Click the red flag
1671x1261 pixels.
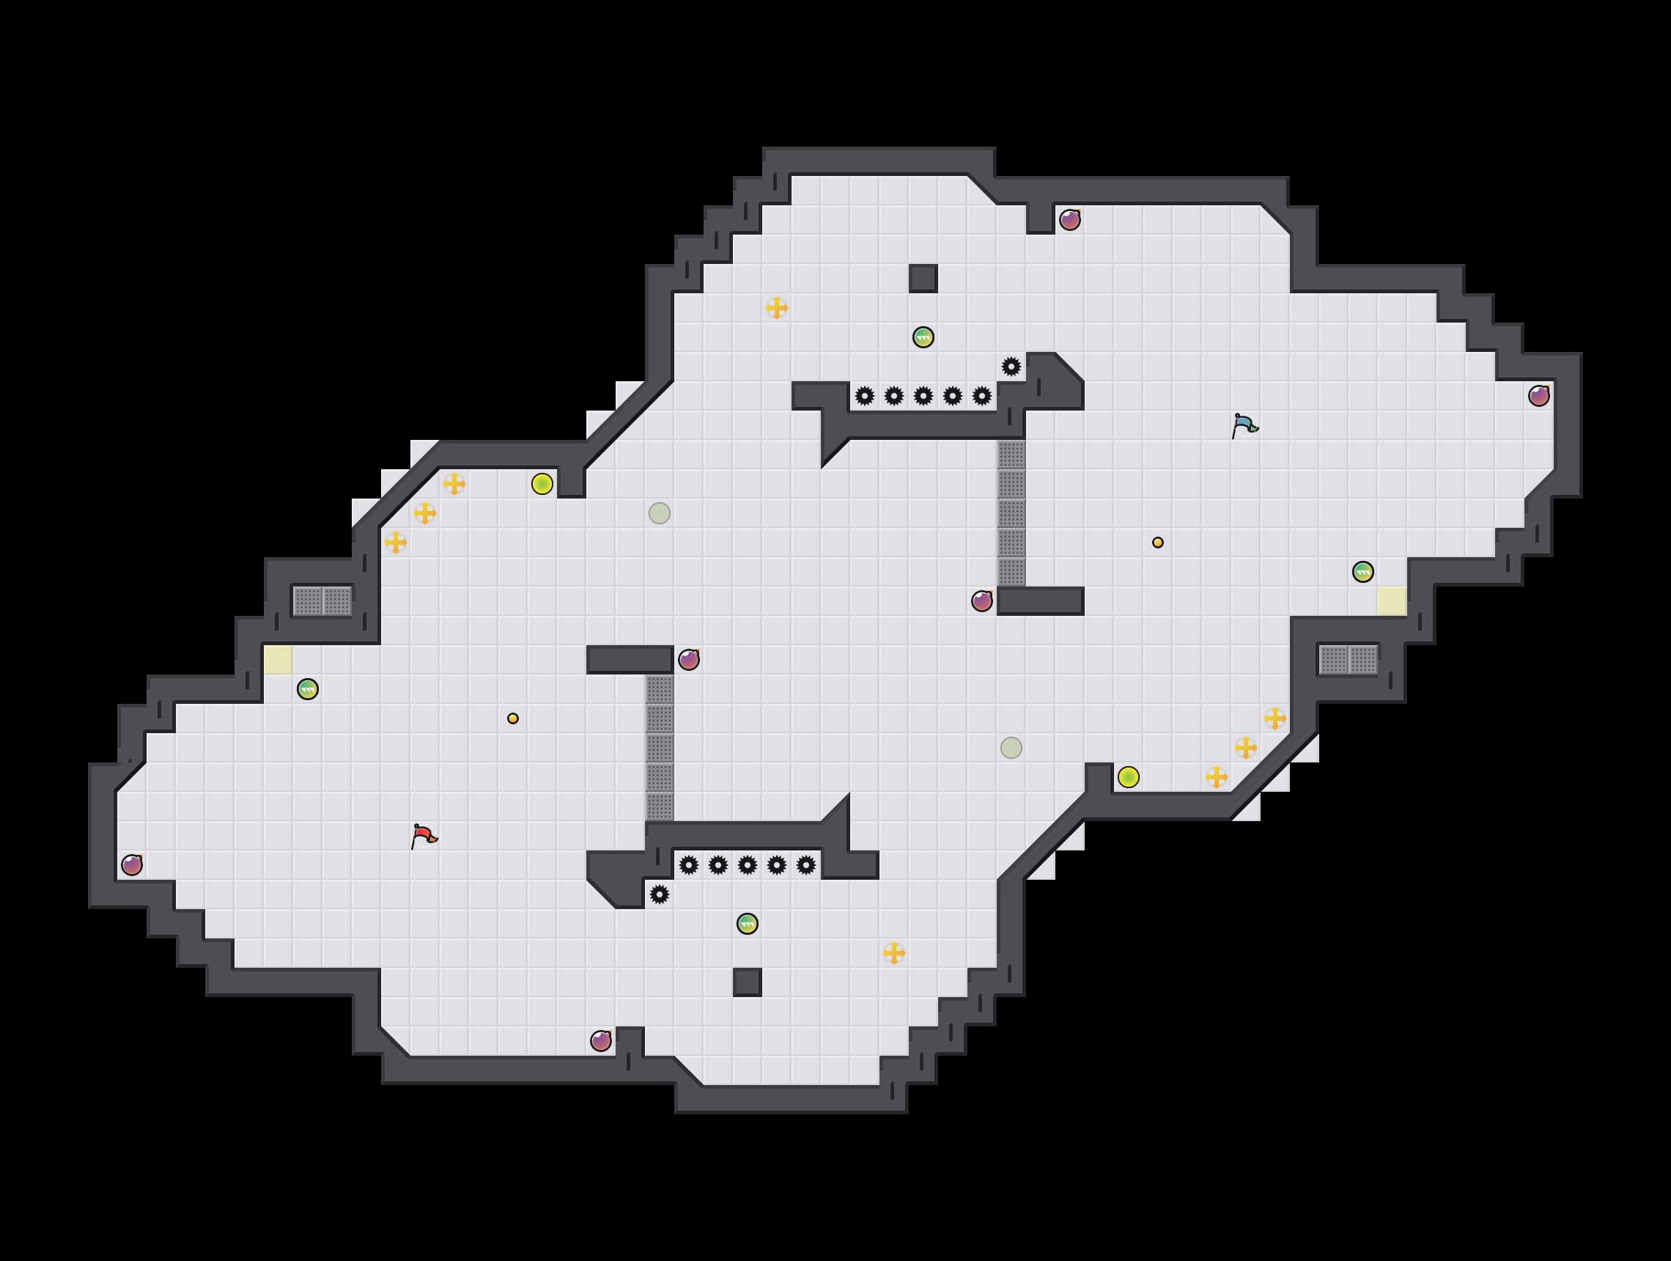[424, 836]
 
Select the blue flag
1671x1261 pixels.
[1244, 425]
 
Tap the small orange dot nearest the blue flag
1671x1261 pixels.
[1157, 543]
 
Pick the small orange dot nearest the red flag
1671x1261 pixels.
[513, 718]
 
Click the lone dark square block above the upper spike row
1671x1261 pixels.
[923, 278]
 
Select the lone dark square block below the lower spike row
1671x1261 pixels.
[747, 982]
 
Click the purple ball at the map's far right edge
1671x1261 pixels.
[1539, 395]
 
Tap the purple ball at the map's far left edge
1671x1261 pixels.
[131, 864]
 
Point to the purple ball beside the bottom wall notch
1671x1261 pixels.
[600, 1040]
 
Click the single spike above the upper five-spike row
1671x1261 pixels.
[1011, 367]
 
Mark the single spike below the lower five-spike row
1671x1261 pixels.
[660, 894]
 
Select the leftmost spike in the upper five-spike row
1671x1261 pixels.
[864, 396]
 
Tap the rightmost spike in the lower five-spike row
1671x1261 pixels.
[806, 865]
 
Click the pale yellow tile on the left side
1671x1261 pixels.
[278, 660]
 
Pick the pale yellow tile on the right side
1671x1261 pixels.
[1392, 600]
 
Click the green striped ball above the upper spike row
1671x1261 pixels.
[923, 337]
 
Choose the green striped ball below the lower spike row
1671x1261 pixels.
[747, 923]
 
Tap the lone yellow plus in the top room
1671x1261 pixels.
[777, 307]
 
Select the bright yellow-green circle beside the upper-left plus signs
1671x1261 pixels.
[542, 484]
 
